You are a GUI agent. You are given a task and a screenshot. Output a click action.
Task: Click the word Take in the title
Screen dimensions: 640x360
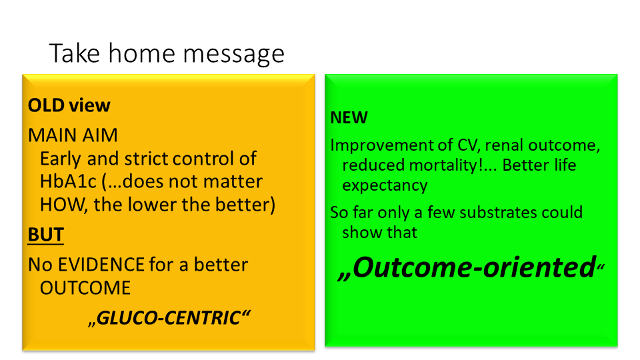coord(74,53)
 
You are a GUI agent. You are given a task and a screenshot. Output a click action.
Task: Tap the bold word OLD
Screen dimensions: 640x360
coord(46,105)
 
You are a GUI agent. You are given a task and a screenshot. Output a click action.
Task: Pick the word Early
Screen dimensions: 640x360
coord(61,159)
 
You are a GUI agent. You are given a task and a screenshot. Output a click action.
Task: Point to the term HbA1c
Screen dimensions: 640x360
coord(68,181)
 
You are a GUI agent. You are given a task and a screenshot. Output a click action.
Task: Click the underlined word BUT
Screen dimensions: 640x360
coord(46,235)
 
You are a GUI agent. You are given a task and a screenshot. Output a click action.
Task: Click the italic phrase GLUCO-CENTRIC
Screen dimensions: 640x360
coord(169,318)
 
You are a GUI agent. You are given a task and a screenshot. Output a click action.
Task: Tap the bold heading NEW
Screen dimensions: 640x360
coord(349,117)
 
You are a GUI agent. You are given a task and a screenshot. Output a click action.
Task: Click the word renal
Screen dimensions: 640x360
coord(504,145)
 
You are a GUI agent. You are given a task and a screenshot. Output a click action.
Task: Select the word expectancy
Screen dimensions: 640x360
coord(385,186)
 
